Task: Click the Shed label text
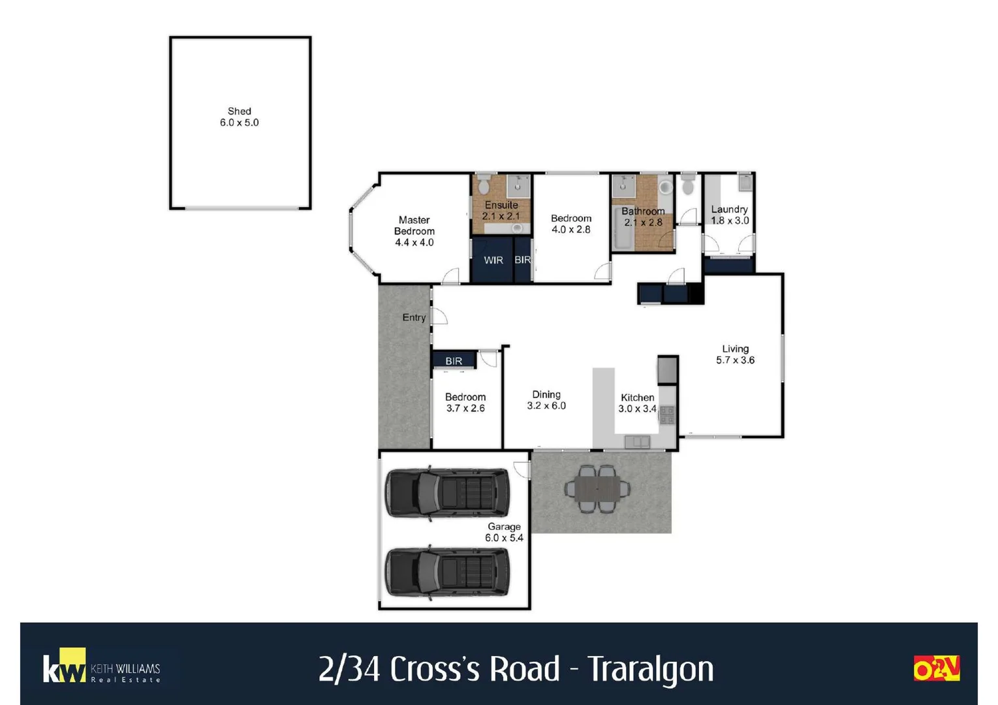[239, 112]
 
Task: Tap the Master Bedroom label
[414, 226]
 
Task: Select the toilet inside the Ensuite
[484, 185]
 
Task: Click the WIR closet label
[493, 260]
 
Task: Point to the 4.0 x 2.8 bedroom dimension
[570, 230]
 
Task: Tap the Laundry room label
[729, 210]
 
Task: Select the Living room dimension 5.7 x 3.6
[735, 360]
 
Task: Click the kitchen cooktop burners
[667, 415]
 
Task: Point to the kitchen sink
[637, 442]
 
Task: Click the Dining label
[546, 394]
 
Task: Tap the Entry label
[414, 318]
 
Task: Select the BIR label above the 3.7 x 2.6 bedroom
[454, 361]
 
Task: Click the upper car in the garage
[447, 493]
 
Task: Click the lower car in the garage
[447, 572]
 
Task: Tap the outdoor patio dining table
[597, 488]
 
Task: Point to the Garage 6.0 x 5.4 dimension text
[504, 538]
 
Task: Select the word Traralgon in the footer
[651, 669]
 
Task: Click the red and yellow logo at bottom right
[936, 668]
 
